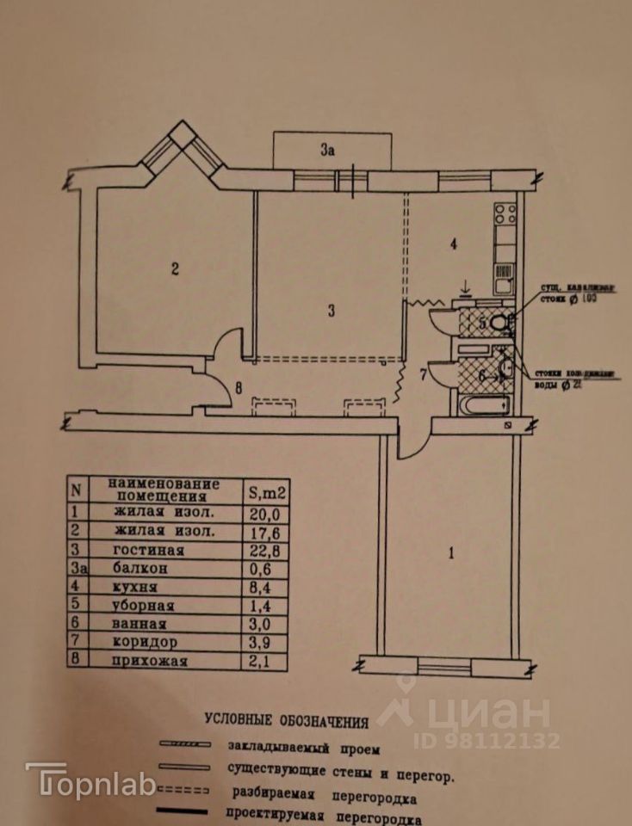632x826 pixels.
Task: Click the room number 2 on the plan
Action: (x=174, y=269)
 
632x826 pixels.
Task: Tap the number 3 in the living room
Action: (x=331, y=311)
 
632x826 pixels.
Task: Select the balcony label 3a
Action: (x=326, y=151)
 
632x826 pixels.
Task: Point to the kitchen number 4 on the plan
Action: (x=453, y=244)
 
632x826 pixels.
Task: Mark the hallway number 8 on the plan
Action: (x=239, y=387)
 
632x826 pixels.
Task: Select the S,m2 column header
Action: (x=267, y=492)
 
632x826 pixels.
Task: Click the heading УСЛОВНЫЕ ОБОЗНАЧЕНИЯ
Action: (x=287, y=720)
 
